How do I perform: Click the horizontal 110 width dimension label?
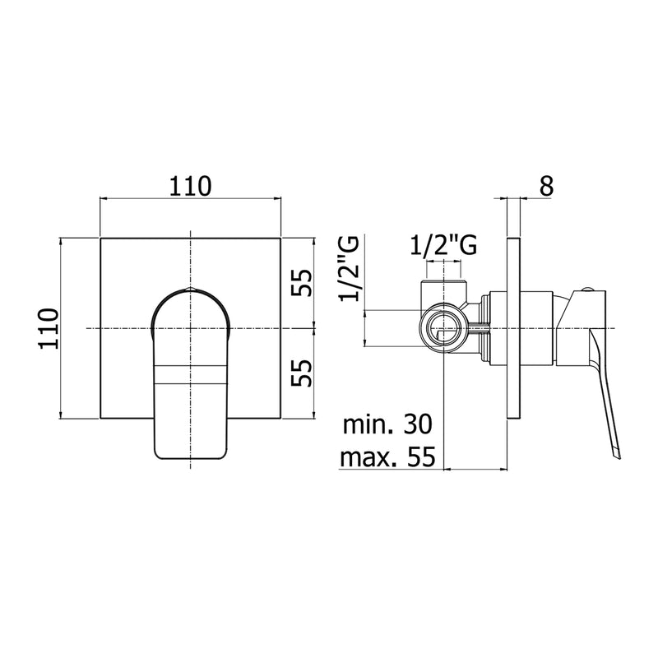coord(190,187)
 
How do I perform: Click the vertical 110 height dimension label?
coord(49,328)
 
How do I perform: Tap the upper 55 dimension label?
coord(303,282)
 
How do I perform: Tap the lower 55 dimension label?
coord(303,373)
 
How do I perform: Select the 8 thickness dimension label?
coord(546,187)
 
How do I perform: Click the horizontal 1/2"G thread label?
coord(443,245)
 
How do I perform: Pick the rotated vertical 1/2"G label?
coord(350,269)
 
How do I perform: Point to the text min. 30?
coord(387,424)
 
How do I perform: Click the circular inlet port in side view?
coord(443,327)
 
